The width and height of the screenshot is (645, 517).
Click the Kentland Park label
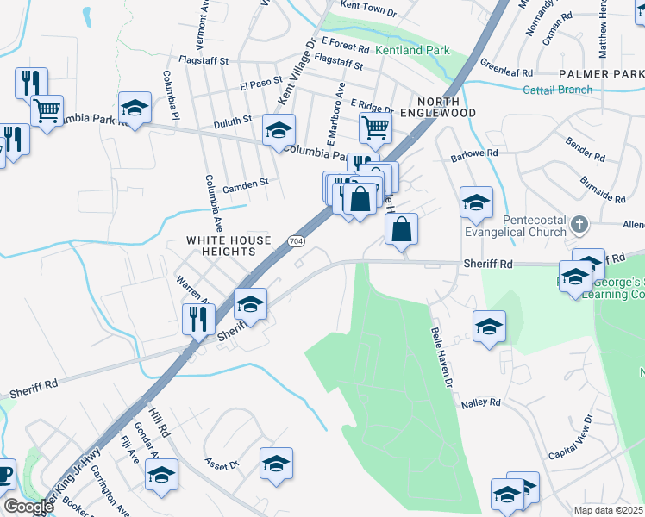[412, 51]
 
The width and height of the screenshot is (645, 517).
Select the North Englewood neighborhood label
[436, 107]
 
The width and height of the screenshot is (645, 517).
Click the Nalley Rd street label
[481, 402]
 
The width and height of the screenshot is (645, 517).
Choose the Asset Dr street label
[222, 464]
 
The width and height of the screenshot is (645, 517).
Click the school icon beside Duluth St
[279, 130]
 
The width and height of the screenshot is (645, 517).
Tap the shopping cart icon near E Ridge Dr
[375, 128]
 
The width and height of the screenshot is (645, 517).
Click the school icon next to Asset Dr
[276, 464]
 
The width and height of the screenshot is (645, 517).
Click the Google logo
[28, 507]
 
